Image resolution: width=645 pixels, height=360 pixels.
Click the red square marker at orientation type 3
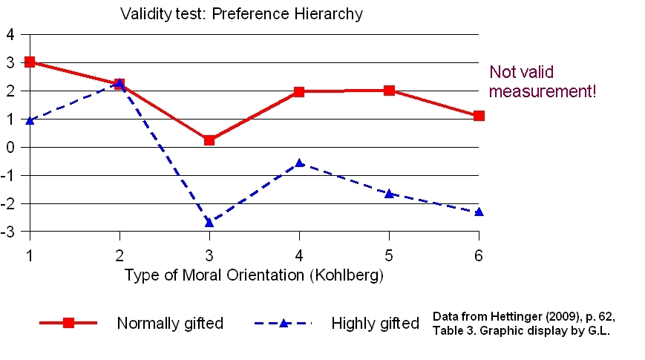tap(209, 140)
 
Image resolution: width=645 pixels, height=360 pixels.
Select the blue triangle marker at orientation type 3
tap(209, 222)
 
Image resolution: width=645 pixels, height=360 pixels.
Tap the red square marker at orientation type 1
tap(30, 62)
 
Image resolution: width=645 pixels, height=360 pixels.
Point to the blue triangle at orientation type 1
tap(30, 120)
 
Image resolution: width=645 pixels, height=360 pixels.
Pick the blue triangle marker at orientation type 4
tap(299, 163)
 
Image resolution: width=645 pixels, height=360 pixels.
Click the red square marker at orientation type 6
tap(479, 116)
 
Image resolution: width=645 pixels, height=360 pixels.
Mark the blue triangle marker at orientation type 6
tap(479, 212)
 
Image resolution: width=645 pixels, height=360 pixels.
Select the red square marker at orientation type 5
tap(389, 91)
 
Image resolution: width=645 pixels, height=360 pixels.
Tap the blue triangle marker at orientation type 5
tap(389, 193)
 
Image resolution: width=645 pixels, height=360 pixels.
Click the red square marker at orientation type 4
tap(299, 92)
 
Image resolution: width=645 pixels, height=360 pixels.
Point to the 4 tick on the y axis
tap(10, 34)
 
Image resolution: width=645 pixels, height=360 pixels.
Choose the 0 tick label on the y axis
tap(10, 147)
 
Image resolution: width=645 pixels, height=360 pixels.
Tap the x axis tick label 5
tap(389, 255)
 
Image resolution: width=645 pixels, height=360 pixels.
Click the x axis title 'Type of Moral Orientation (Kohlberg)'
tap(254, 275)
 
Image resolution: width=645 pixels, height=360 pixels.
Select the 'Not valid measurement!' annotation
tap(543, 82)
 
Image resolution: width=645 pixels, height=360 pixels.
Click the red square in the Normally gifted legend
tap(68, 323)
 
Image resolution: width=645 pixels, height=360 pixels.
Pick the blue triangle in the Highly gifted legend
tap(283, 323)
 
